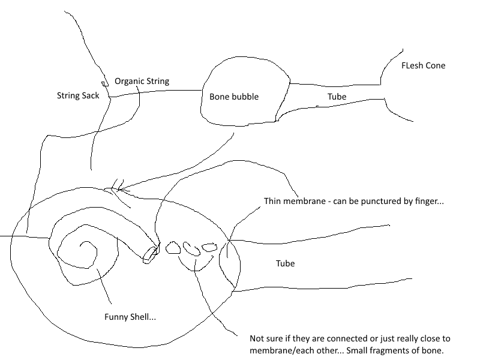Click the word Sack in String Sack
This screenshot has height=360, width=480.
pos(88,95)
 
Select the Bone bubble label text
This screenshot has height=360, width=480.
pos(234,96)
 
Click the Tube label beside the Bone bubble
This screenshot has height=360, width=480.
pos(337,96)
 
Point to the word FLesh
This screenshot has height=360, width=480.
pos(412,65)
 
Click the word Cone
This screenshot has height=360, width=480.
pos(436,65)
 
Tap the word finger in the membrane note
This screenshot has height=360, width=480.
pos(427,201)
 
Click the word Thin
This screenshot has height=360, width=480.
pos(272,201)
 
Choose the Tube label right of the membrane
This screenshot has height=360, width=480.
pos(285,263)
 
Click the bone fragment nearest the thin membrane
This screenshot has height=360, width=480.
pos(209,247)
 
